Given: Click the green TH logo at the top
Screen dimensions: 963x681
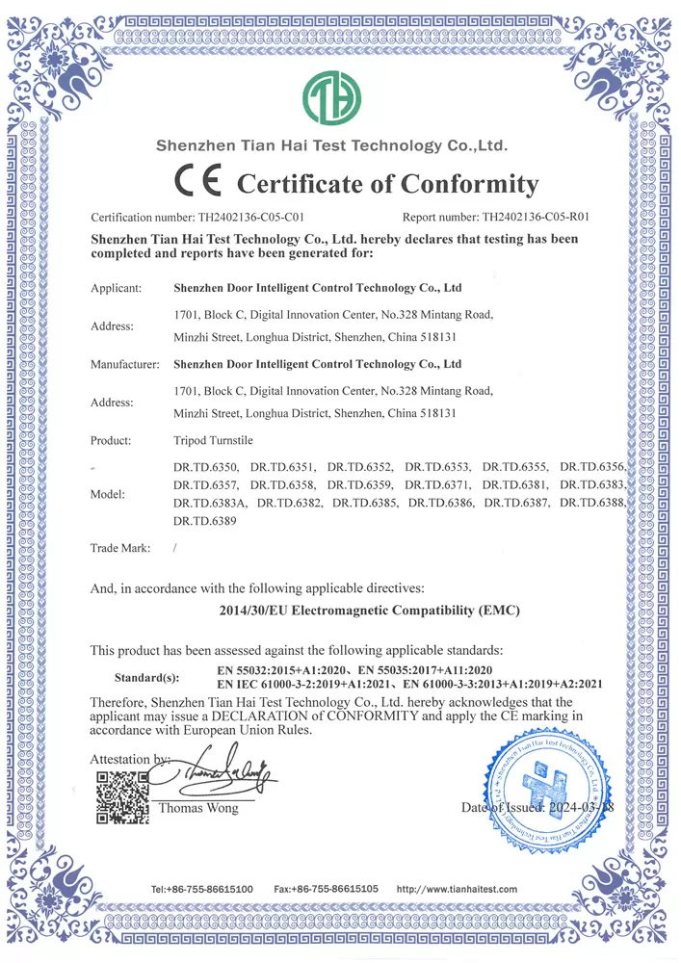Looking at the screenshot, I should [333, 96].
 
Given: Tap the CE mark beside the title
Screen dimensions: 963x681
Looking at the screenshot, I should [199, 181].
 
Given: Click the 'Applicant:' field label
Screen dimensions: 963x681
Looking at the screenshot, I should [116, 288].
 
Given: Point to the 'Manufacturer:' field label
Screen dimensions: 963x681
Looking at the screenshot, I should [124, 365].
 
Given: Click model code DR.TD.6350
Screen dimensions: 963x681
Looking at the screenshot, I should [204, 466].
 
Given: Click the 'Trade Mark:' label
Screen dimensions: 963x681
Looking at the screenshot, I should [119, 548].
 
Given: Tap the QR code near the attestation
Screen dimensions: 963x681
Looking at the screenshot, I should [121, 796].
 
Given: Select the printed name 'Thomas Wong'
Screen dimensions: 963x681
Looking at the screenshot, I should [198, 808].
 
